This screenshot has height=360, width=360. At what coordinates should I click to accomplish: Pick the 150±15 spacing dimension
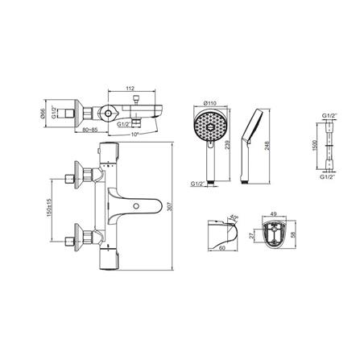click(49, 209)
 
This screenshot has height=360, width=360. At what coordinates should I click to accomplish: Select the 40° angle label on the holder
click(234, 217)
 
